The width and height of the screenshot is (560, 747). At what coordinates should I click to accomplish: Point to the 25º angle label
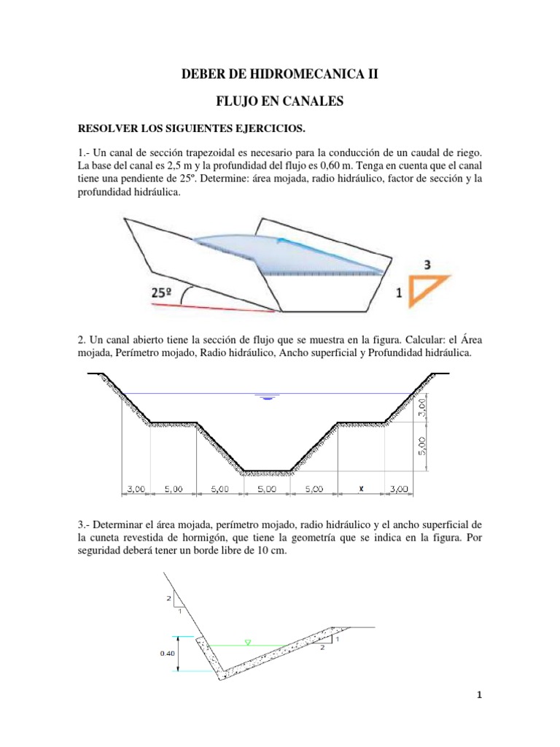(161, 293)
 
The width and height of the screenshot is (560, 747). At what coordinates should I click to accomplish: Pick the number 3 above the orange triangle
(432, 264)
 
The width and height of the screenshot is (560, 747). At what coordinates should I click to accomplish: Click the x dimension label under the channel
(361, 489)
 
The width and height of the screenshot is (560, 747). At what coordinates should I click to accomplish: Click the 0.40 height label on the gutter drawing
(167, 654)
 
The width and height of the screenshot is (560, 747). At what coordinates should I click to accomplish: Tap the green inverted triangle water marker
(248, 643)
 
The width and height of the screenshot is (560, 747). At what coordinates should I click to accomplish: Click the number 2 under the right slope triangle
(321, 654)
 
